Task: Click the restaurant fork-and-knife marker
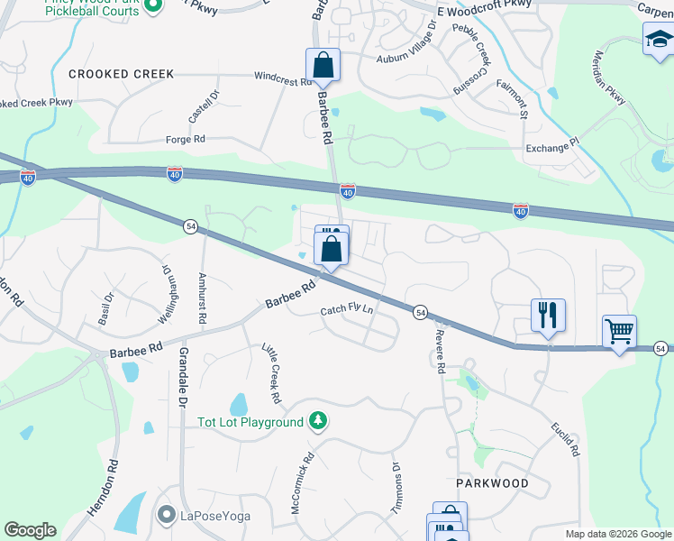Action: click(x=548, y=316)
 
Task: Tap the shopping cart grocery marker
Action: click(x=619, y=332)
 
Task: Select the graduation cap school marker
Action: click(x=659, y=40)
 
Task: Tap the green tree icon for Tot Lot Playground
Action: click(x=317, y=421)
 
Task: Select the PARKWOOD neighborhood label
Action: click(x=492, y=483)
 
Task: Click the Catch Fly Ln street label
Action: click(x=347, y=311)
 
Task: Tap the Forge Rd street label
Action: click(x=186, y=139)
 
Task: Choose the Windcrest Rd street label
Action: click(x=282, y=78)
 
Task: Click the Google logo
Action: click(x=30, y=530)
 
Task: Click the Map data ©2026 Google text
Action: click(x=618, y=534)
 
